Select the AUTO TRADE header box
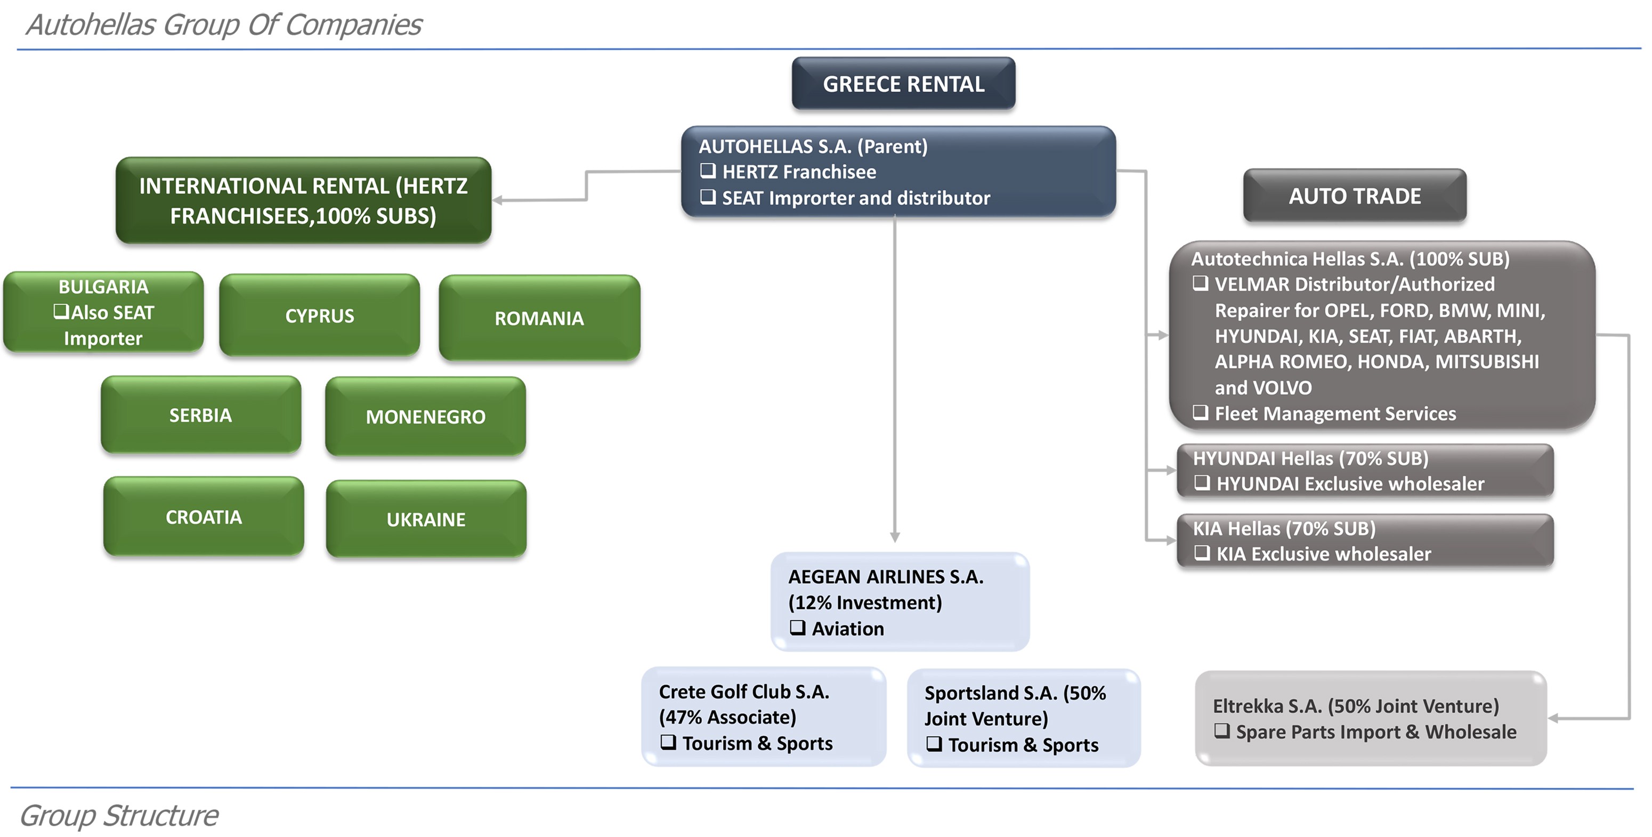1355,196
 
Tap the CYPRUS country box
319,315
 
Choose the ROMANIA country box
539,318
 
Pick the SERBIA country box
201,415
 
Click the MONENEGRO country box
425,416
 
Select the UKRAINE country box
426,519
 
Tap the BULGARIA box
103,312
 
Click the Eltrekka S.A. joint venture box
1371,718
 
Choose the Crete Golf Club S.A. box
764,717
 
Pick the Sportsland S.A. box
1024,718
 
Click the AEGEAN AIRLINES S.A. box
900,602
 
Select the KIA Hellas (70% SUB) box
1365,541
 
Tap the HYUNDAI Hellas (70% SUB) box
1365,470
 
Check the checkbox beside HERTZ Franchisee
708,170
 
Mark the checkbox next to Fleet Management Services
1201,412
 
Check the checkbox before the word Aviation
797,627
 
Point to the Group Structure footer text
119,815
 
